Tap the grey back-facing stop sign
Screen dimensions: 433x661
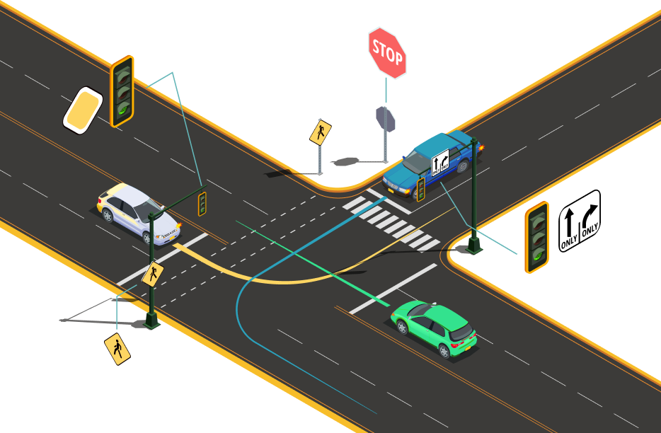point(386,119)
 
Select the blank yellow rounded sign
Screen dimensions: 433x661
point(83,110)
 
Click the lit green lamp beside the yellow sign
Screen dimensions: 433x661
point(123,109)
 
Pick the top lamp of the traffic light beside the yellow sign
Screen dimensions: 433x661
point(123,72)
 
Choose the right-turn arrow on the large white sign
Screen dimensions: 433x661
point(590,216)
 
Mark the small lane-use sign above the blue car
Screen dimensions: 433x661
point(439,163)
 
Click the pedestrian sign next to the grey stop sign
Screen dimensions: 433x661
point(320,132)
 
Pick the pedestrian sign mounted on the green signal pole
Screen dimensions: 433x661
point(152,274)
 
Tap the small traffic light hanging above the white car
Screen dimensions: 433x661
point(202,204)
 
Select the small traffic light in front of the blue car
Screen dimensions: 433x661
point(420,189)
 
